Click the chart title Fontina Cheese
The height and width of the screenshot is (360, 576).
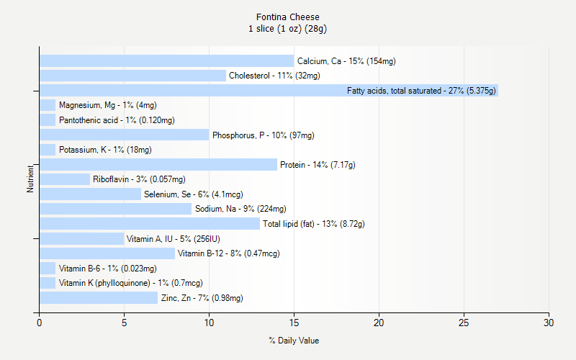287,17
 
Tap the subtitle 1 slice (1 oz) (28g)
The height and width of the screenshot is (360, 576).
287,29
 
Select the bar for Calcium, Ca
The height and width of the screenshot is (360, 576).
166,61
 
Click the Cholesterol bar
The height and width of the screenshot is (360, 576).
132,76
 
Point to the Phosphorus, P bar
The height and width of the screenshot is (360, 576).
124,135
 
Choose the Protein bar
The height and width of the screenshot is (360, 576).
158,165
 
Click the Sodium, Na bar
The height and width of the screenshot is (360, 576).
116,209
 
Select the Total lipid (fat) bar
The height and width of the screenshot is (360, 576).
150,224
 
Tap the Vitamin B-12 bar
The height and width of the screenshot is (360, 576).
107,253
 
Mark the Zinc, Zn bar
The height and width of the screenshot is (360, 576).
99,298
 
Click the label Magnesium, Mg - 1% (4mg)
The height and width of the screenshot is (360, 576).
107,105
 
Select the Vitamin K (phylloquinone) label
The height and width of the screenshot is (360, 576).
130,283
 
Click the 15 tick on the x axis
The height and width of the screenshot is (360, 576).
294,323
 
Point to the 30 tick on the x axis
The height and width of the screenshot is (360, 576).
549,323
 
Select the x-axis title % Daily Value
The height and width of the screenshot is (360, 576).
294,341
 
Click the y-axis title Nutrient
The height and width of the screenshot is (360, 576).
30,179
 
